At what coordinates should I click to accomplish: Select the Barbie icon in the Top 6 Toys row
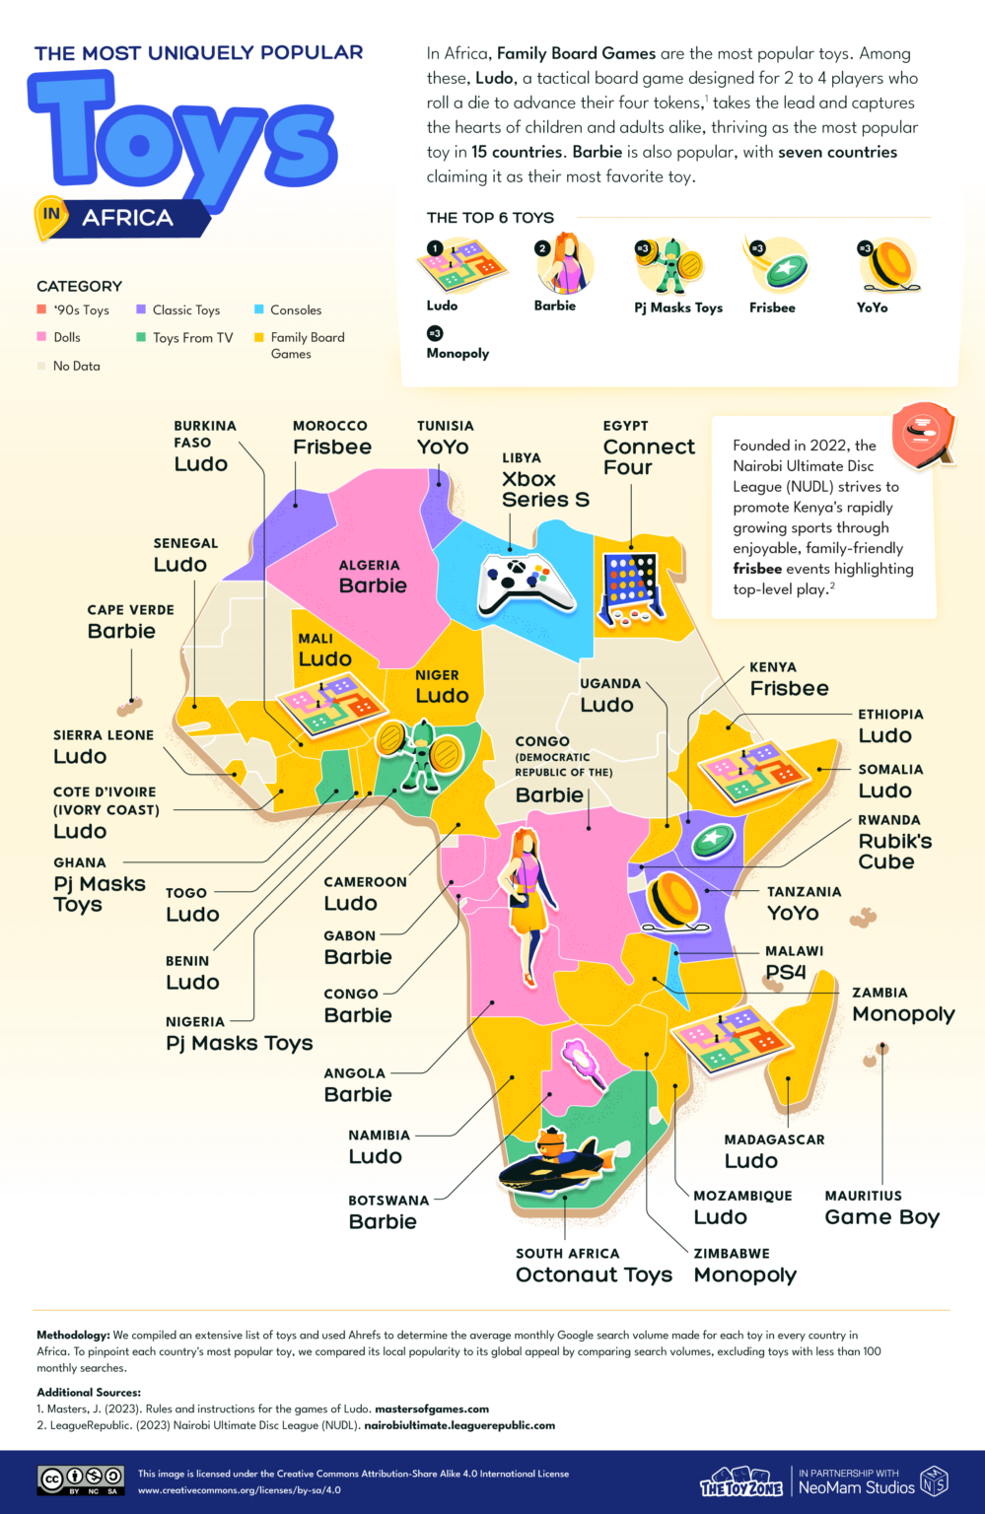tap(565, 264)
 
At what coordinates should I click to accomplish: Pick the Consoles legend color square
tap(259, 310)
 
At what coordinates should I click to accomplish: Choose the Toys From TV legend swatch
tap(141, 337)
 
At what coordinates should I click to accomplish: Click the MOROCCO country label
tap(329, 426)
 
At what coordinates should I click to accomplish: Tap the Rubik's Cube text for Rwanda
tap(894, 852)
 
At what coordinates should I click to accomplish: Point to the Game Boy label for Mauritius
tap(881, 1217)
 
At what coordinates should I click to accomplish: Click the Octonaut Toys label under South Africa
tap(594, 1274)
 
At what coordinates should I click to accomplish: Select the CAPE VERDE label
tap(130, 610)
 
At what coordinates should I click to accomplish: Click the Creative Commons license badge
tap(81, 1480)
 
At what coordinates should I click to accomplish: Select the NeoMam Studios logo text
tap(856, 1487)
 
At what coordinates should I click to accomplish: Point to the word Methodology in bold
tap(73, 1335)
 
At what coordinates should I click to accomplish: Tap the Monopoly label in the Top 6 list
tap(457, 353)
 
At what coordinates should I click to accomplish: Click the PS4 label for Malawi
tap(786, 972)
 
